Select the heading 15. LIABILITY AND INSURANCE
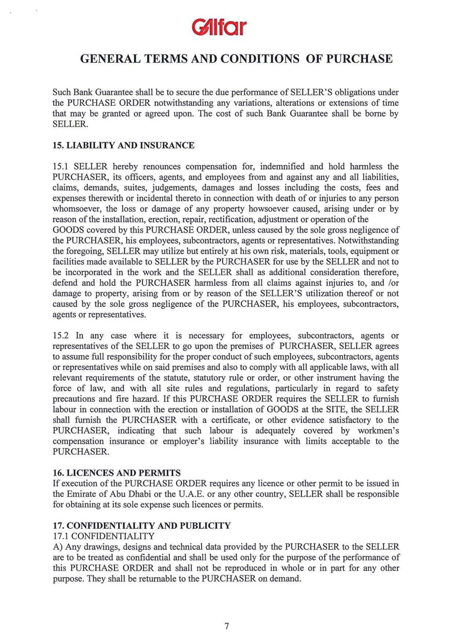(123, 146)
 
